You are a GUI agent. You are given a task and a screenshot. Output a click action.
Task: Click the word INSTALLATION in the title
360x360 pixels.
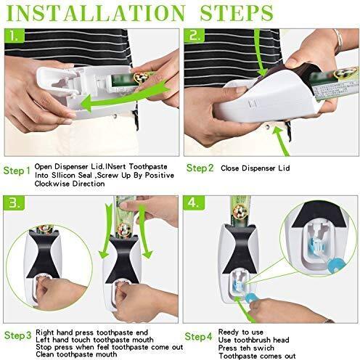click(x=96, y=12)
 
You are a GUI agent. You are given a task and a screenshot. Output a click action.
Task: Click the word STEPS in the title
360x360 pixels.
click(x=237, y=12)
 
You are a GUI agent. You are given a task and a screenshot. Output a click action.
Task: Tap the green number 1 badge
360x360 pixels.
click(x=15, y=36)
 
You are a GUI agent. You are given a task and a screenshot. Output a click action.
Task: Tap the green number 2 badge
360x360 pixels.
click(x=195, y=36)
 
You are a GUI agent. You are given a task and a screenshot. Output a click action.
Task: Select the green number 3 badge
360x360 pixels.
click(x=14, y=202)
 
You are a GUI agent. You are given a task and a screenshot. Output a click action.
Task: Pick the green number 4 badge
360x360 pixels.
click(x=194, y=202)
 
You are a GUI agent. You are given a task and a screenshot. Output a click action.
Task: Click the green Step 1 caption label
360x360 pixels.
click(x=17, y=171)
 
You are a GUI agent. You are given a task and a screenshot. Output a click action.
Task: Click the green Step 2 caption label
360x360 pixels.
click(x=200, y=168)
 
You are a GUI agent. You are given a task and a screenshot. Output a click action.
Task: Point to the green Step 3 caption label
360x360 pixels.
click(x=18, y=335)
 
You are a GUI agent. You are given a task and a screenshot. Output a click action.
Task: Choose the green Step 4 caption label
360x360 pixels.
click(x=198, y=337)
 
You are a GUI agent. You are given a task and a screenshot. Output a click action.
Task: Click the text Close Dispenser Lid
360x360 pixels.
click(x=255, y=168)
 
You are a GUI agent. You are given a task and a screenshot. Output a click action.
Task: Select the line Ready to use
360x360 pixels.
click(x=241, y=332)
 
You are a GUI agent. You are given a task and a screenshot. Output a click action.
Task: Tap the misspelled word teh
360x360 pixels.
click(x=246, y=348)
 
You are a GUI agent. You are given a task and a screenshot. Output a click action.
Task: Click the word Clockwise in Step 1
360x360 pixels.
click(x=52, y=184)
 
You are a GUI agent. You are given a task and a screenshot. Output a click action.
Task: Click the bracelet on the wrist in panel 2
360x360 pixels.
click(x=338, y=41)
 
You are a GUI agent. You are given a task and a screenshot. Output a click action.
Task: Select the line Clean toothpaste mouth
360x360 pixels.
click(x=76, y=355)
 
